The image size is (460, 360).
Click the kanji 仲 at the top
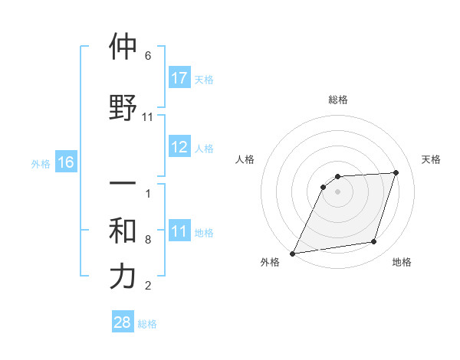pos(123,47)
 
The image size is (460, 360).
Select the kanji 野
pos(123,108)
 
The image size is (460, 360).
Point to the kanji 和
pos(123,231)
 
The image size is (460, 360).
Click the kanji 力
pos(123,277)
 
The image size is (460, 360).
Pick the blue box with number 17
pos(179,78)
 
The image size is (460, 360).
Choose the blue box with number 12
pos(179,147)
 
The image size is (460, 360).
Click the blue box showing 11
pos(179,231)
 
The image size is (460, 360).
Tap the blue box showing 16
pos(65,162)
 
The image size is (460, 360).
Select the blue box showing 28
pos(123,322)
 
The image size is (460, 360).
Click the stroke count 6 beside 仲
pos(148,56)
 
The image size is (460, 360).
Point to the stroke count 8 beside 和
pos(148,240)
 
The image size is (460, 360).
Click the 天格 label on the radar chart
pos(431,159)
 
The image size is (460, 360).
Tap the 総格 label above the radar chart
pos(338,100)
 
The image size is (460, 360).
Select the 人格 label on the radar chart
pos(245,159)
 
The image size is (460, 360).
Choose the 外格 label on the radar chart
pos(270,263)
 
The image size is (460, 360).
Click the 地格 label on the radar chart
pos(402,263)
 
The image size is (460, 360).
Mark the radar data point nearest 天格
pos(396,172)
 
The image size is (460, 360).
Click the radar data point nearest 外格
pos(292,253)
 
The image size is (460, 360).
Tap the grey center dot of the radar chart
pos(338,191)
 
